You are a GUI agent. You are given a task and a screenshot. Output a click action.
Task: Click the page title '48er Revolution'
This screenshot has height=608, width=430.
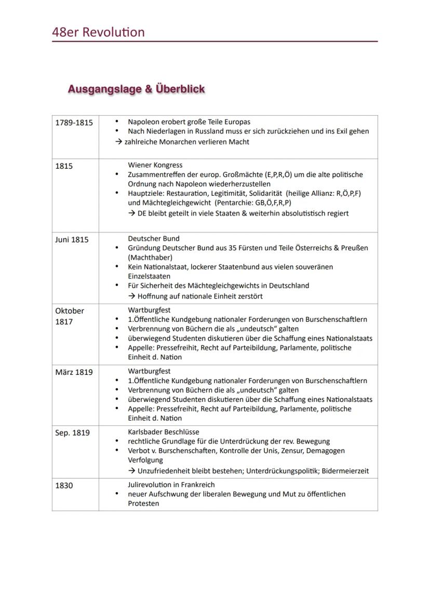click(x=98, y=32)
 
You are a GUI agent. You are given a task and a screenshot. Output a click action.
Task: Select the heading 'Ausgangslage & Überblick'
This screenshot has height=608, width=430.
click(x=136, y=89)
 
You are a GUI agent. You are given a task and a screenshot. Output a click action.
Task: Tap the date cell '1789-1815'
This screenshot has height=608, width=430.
click(x=74, y=123)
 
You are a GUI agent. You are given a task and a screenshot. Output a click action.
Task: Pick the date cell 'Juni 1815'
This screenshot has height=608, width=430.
click(x=72, y=240)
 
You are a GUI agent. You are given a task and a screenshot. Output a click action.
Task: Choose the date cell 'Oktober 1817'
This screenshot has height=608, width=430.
click(x=70, y=316)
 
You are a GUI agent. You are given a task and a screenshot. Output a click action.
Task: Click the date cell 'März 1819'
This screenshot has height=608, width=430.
click(x=74, y=372)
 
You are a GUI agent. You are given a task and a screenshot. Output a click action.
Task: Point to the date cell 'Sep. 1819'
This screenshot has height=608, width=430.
click(x=72, y=433)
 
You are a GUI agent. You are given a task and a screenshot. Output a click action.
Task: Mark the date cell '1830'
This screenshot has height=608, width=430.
click(x=64, y=485)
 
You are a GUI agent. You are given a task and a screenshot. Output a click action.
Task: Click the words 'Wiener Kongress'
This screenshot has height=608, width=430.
click(x=155, y=165)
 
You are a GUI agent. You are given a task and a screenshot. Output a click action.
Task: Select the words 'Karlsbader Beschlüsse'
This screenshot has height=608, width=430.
click(x=164, y=432)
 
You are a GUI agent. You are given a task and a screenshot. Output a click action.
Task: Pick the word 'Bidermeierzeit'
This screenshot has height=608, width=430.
click(x=345, y=471)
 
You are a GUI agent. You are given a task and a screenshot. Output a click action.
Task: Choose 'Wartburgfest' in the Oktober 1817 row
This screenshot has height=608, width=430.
click(x=149, y=310)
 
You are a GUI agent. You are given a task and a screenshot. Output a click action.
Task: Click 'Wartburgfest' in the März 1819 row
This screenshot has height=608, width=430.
click(x=149, y=371)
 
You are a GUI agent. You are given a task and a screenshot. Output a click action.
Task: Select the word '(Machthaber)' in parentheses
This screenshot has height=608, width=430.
click(x=150, y=258)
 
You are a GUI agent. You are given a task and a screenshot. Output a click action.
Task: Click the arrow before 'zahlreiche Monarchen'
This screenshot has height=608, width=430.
click(x=119, y=142)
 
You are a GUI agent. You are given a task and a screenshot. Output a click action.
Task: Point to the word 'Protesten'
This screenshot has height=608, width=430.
click(x=143, y=504)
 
